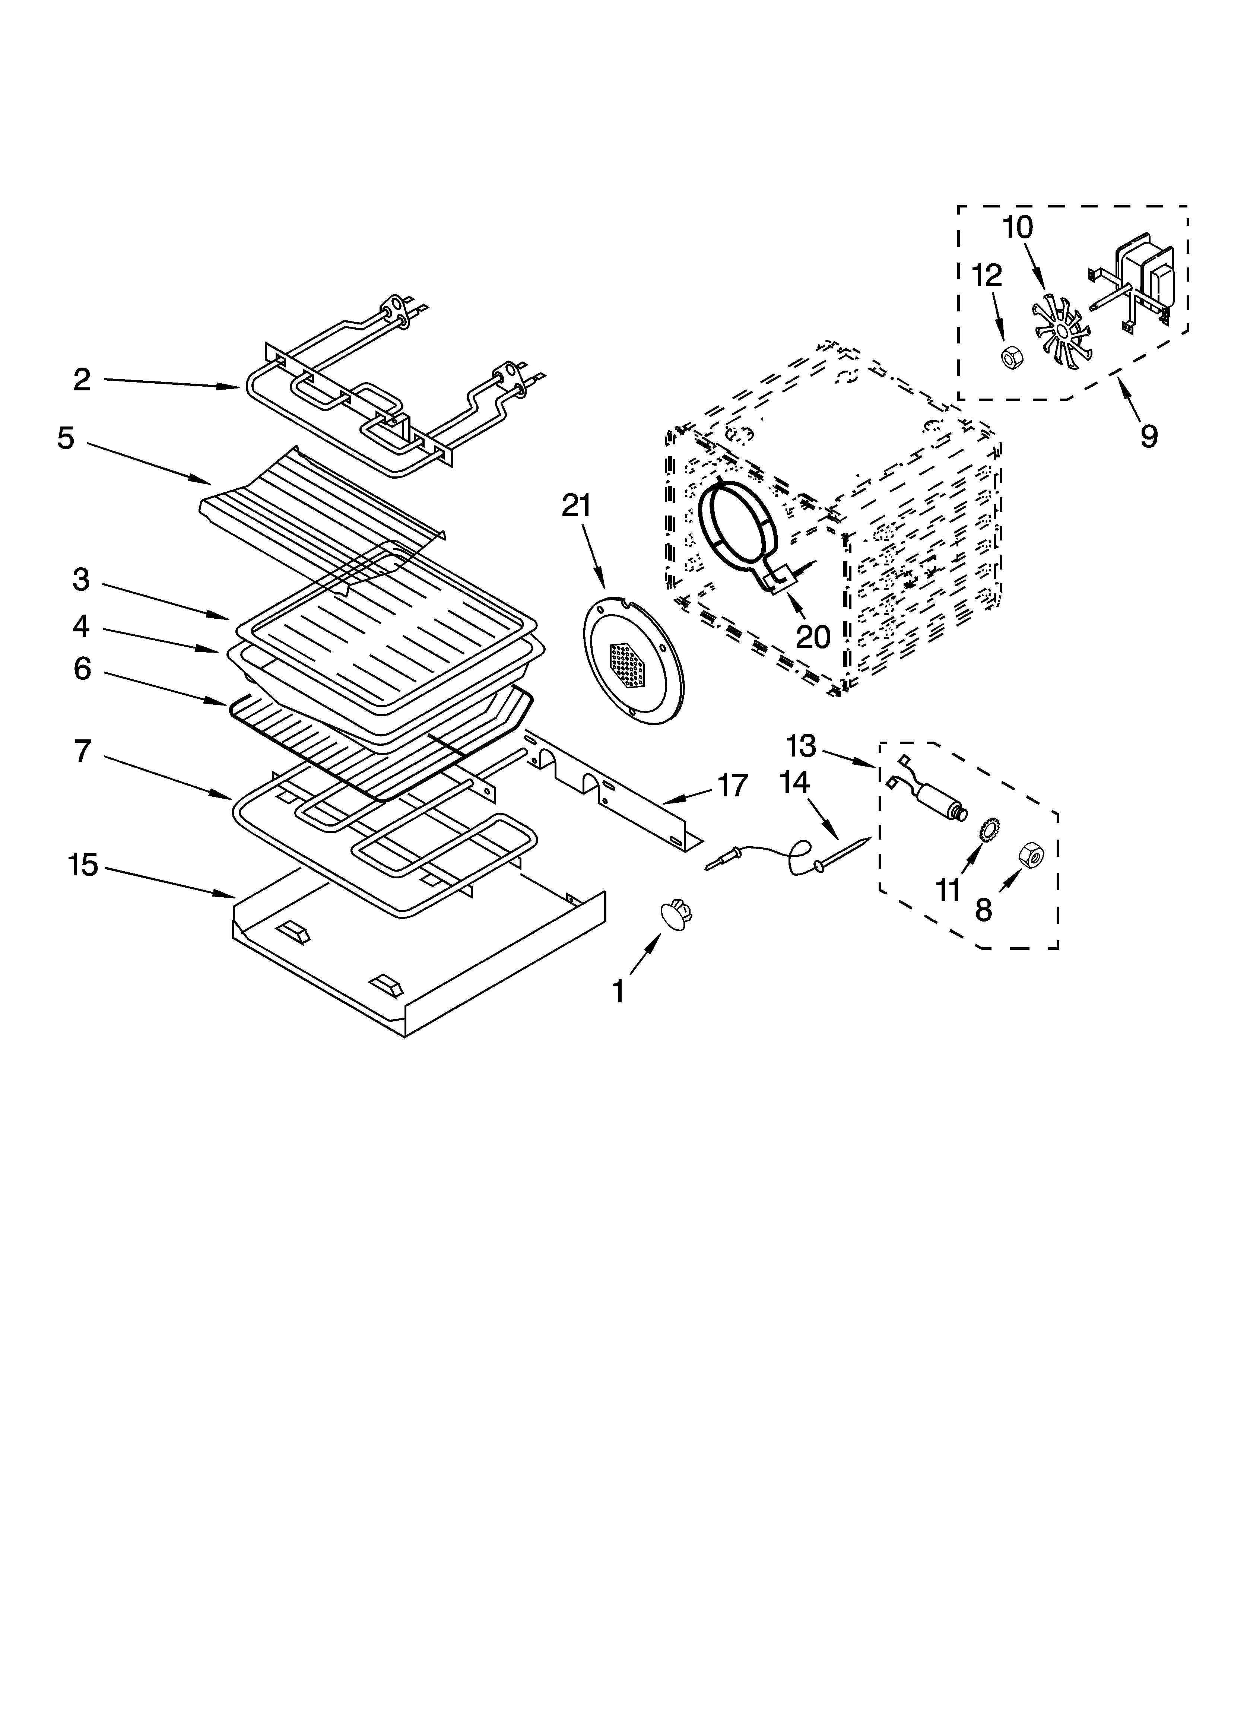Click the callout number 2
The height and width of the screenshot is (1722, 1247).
[x=82, y=380]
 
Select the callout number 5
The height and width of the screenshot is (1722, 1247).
[x=66, y=439]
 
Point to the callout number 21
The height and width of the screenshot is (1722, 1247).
[x=576, y=506]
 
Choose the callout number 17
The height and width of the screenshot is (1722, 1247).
[x=732, y=786]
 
